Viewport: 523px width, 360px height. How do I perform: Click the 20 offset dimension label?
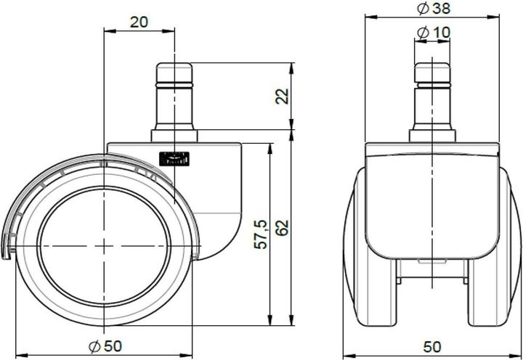[139, 21]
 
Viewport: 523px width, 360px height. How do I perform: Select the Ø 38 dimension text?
[433, 9]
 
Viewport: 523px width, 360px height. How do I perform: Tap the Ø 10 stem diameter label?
[434, 32]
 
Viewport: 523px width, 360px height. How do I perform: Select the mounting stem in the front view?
[434, 94]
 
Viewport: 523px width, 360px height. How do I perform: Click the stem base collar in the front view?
[434, 136]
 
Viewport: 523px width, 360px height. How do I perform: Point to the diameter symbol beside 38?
[423, 9]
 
